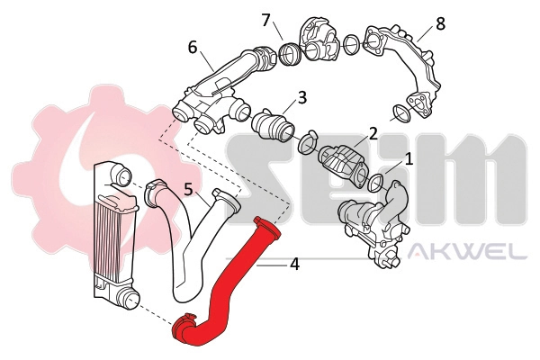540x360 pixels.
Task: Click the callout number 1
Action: tap(409, 160)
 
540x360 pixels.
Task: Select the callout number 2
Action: tap(372, 135)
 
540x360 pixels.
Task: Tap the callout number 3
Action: tap(302, 96)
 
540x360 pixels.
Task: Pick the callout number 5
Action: tap(188, 190)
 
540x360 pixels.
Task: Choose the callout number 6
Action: tap(193, 47)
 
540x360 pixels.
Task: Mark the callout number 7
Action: tap(265, 19)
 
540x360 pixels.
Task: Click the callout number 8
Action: tap(440, 23)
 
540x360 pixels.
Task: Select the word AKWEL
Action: tap(467, 253)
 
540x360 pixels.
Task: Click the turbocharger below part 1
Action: tap(369, 225)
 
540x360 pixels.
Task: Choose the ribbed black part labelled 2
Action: tap(342, 162)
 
